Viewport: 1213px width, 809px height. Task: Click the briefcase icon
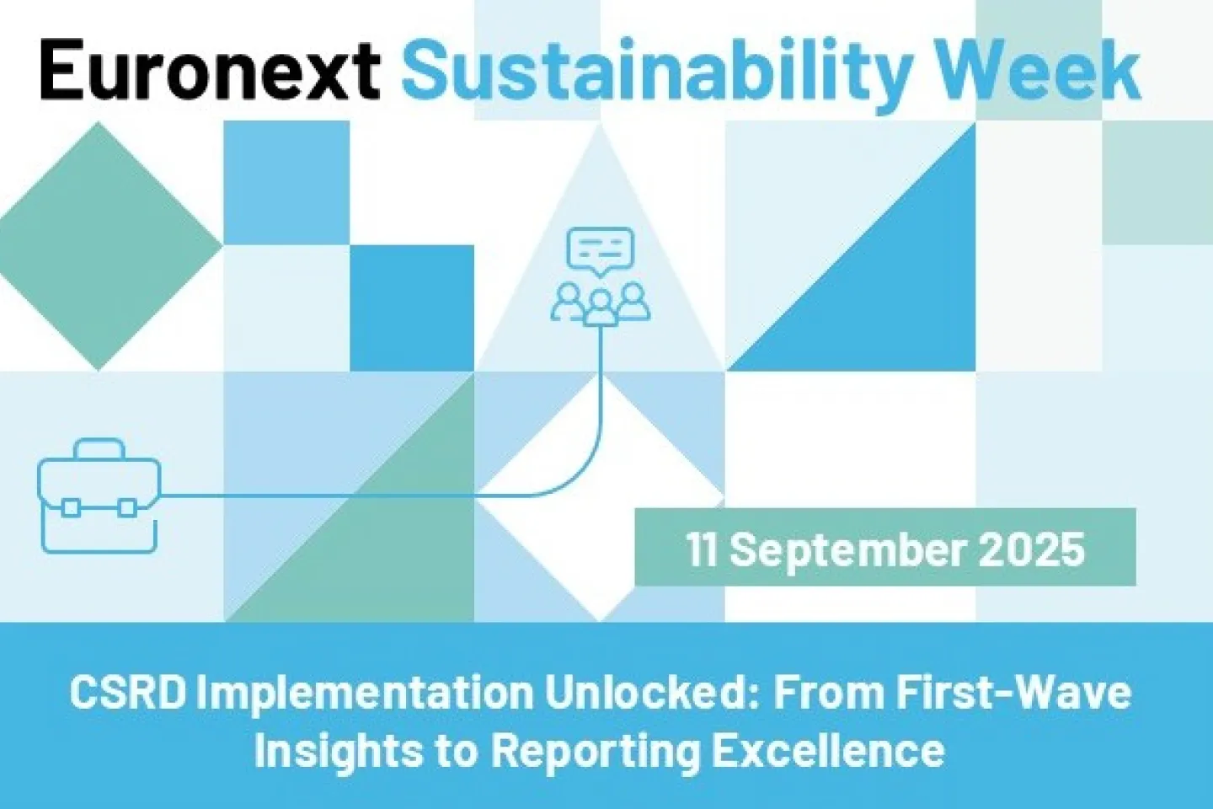99,496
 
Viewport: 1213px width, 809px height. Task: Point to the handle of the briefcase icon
100,447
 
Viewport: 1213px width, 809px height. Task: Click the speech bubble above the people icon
600,251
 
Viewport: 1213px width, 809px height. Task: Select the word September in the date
851,552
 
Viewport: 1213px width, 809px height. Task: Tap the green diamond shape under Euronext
98,246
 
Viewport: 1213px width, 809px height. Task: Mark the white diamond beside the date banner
600,497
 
